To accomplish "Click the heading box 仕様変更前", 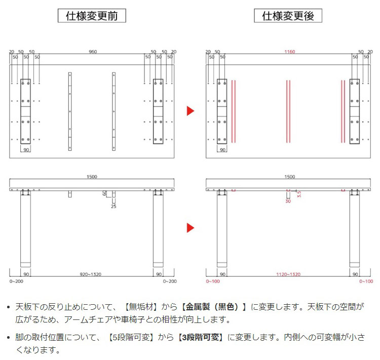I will tap(92, 16).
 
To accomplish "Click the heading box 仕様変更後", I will tap(288, 16).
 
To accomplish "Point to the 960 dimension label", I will tap(93, 52).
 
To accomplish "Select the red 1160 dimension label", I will tap(289, 52).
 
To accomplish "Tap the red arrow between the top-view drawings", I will tap(190, 111).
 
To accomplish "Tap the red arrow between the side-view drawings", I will tap(190, 228).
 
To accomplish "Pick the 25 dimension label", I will tap(114, 206).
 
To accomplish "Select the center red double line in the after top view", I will tap(288, 111).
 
